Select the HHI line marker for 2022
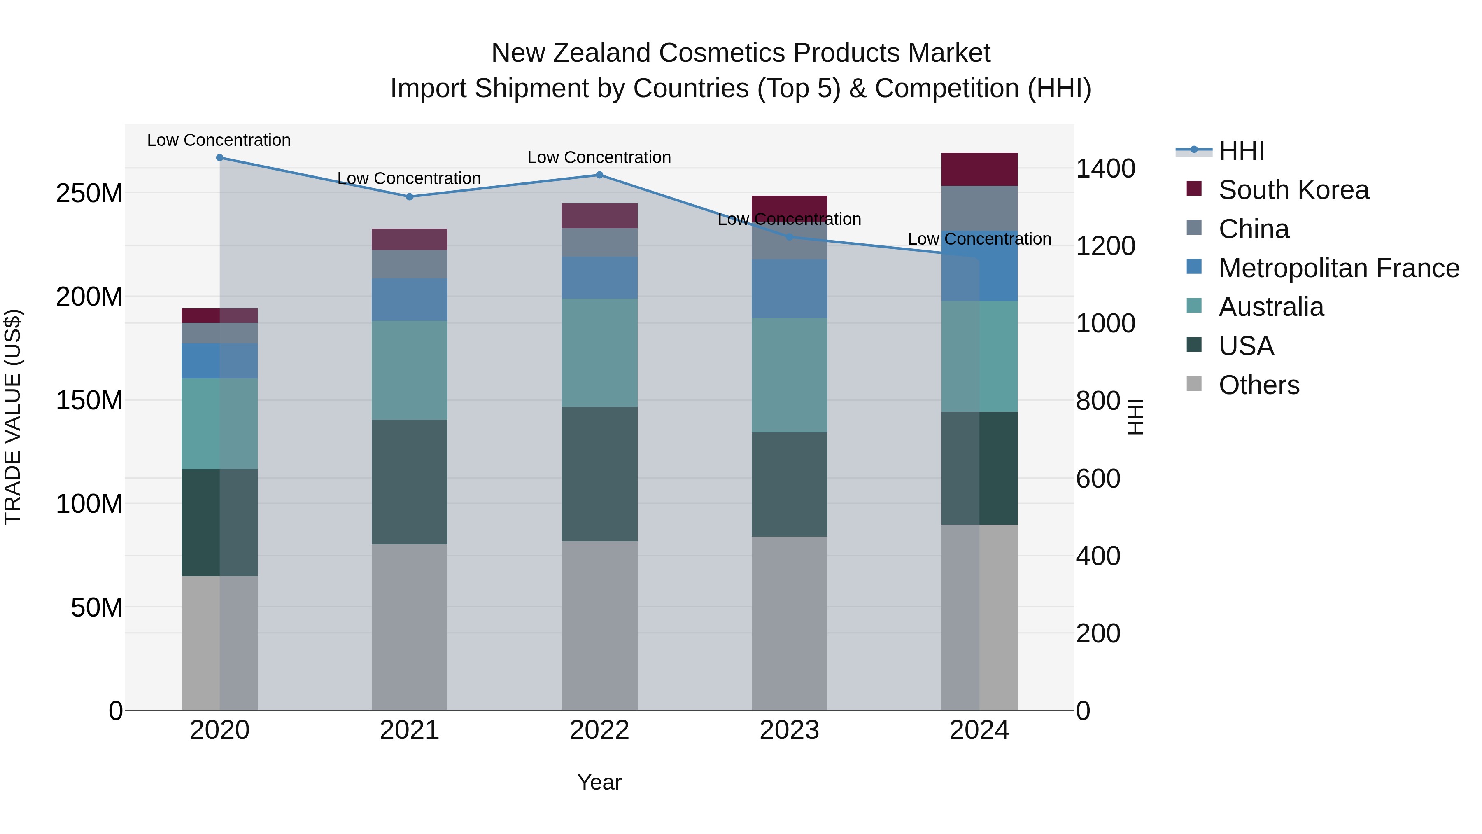click(599, 175)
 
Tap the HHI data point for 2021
click(409, 197)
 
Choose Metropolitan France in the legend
click(1338, 268)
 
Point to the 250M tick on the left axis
click(89, 194)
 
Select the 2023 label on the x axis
click(789, 730)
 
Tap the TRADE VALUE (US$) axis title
click(13, 417)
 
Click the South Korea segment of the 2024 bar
click(979, 169)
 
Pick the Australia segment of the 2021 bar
click(409, 370)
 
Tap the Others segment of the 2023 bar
click(789, 624)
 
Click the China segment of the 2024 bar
click(979, 208)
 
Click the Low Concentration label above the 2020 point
click(219, 140)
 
